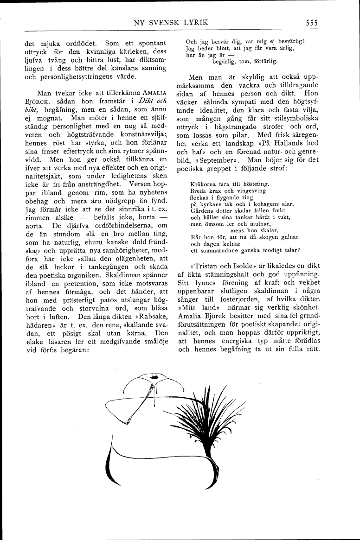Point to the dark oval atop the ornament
click(154, 378)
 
